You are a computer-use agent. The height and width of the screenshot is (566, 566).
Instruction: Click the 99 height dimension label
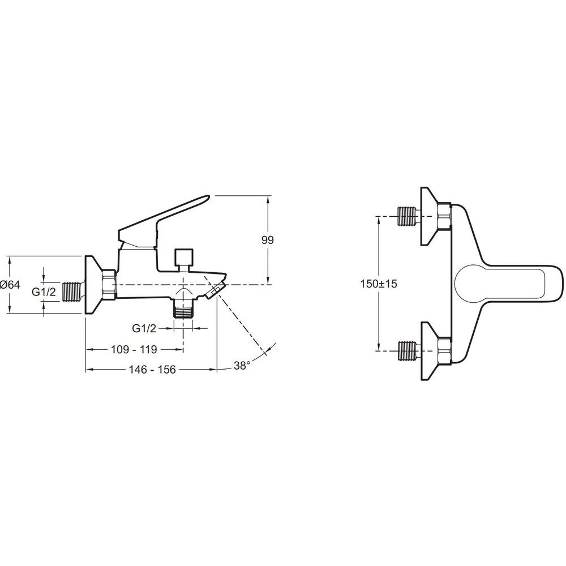[x=268, y=240]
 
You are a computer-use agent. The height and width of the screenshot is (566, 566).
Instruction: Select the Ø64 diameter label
[x=10, y=285]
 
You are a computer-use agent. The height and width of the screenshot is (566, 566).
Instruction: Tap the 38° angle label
[x=242, y=365]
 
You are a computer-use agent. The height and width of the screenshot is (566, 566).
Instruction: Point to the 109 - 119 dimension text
[x=134, y=349]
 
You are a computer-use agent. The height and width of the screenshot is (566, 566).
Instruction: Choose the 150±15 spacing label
[x=379, y=284]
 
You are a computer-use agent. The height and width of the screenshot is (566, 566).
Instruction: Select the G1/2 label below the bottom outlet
[x=144, y=328]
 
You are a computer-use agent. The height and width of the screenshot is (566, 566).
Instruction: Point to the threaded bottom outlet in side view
[x=184, y=309]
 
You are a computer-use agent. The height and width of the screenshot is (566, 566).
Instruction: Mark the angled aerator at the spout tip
[x=215, y=290]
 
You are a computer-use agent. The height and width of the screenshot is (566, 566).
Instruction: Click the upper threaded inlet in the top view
[x=408, y=216]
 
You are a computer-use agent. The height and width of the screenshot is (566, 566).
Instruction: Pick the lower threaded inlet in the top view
[x=408, y=350]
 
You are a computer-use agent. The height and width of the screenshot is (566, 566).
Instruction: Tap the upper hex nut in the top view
[x=444, y=216]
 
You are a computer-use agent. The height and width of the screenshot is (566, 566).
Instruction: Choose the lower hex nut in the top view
[x=444, y=350]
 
